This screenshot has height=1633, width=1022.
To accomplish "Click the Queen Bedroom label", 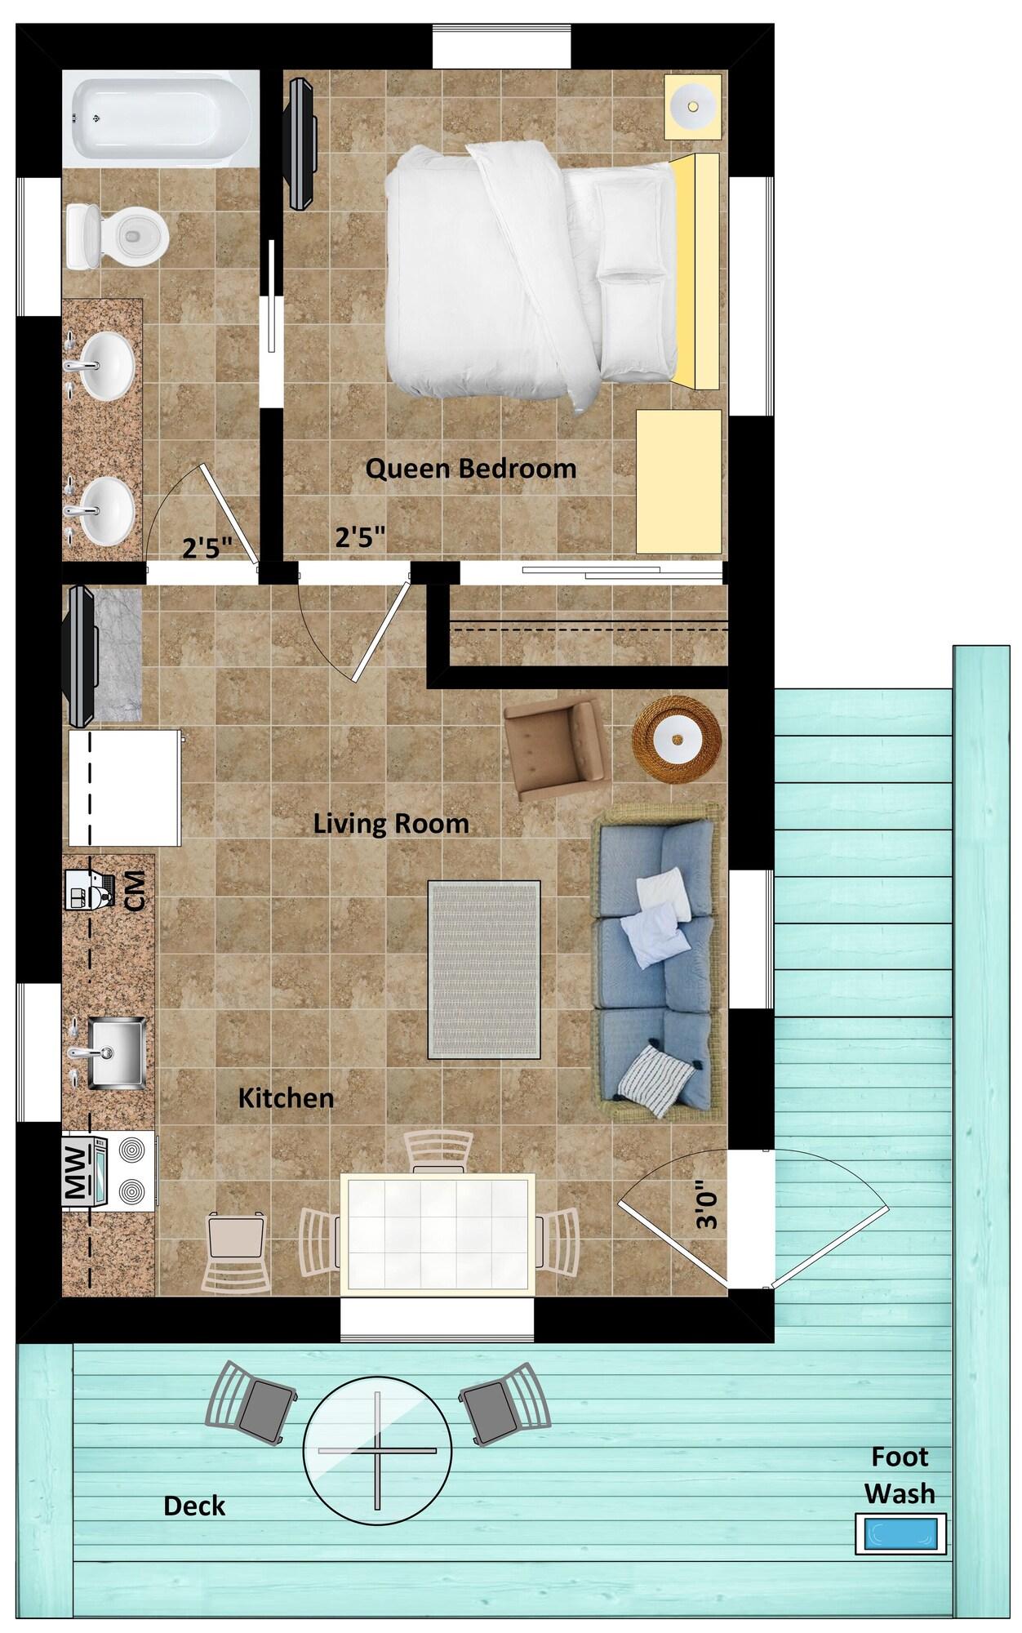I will coord(470,469).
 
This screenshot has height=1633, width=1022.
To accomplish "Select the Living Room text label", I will coord(391,824).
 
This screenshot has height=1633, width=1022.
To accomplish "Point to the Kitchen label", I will coord(286,1098).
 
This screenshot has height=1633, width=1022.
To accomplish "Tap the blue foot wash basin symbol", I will coord(900,1533).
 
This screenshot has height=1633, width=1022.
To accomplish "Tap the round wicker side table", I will coord(677,741).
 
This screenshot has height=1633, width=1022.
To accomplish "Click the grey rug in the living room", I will coord(484,970).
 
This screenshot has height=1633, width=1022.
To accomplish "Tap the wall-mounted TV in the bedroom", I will coord(300,145).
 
